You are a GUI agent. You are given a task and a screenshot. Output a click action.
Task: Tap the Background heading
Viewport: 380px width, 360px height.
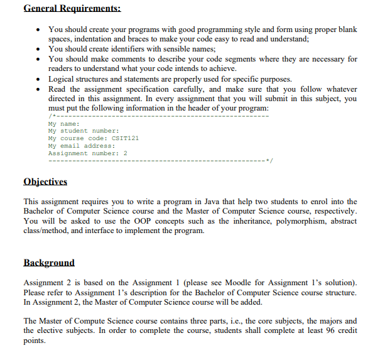coord(48,262)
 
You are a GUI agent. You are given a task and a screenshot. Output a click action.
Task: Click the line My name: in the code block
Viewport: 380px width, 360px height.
coord(63,124)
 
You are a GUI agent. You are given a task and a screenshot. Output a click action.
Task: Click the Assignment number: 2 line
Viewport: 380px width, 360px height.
coord(87,153)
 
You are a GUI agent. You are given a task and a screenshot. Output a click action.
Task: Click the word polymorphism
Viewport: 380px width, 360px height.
coord(284,221)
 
